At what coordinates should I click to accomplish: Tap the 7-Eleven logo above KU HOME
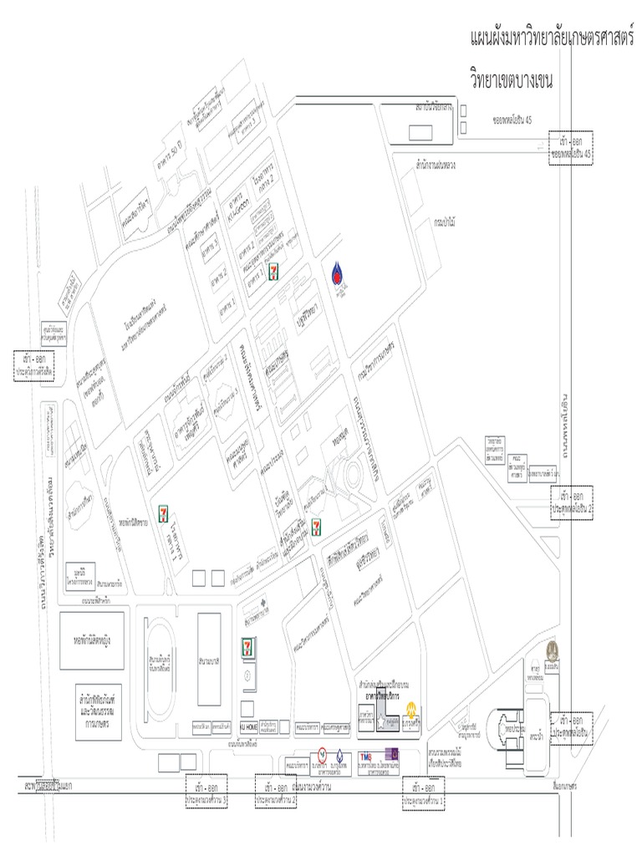tap(247, 646)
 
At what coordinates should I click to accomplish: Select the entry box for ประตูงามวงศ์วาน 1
tap(424, 792)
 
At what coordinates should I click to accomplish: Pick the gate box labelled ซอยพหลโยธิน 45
tap(570, 148)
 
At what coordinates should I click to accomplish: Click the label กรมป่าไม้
tap(444, 223)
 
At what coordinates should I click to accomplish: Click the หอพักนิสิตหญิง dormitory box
tap(92, 639)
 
